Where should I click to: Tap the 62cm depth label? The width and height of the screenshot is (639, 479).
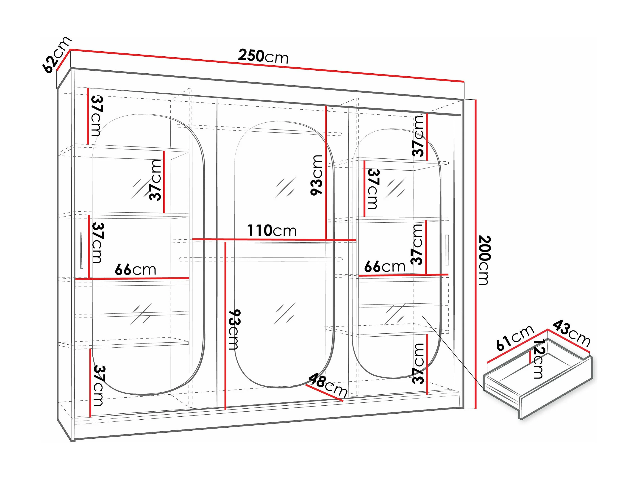coord(57,55)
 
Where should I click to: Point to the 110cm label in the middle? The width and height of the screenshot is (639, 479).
coord(272,231)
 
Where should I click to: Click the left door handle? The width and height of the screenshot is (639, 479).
coord(82,250)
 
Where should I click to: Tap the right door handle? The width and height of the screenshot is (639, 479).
coord(447,250)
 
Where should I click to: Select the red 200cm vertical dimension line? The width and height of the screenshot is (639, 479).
coord(475,254)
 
